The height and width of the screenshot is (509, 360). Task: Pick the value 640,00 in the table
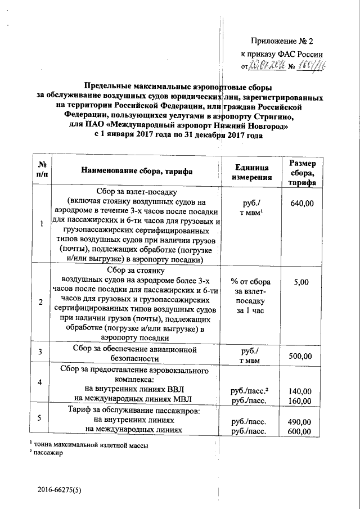pyautogui.click(x=301, y=203)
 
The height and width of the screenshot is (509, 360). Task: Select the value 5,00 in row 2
pyautogui.click(x=301, y=282)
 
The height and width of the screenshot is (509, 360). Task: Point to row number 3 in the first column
pyautogui.click(x=40, y=352)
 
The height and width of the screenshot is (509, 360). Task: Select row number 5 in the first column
pyautogui.click(x=40, y=418)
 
